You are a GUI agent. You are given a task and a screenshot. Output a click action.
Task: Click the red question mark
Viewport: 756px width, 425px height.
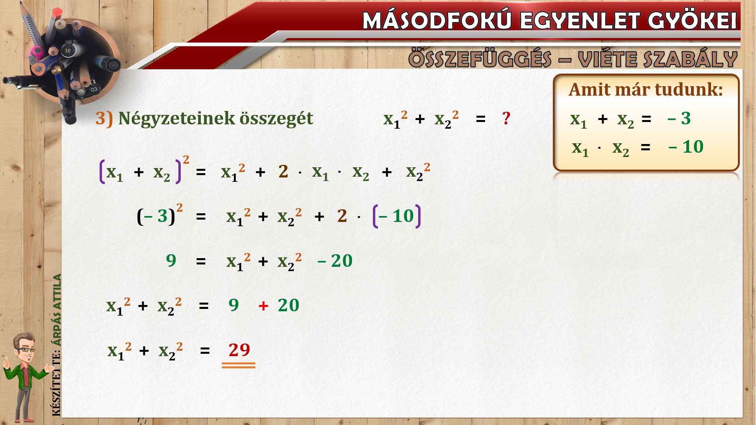(x=506, y=118)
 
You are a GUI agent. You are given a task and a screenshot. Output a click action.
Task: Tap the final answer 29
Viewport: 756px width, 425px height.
(x=239, y=350)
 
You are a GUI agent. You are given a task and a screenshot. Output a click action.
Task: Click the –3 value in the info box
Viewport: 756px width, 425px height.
(x=679, y=118)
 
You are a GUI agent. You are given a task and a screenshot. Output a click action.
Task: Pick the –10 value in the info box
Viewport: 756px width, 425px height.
(x=686, y=147)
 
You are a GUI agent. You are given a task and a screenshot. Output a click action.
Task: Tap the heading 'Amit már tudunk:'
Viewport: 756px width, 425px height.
(x=646, y=90)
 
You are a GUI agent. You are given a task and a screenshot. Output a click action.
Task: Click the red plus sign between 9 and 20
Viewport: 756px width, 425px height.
(x=263, y=306)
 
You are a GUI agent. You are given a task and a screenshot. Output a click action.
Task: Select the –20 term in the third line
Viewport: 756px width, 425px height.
(x=335, y=261)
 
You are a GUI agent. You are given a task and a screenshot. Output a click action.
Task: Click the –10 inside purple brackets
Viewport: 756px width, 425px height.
(x=396, y=216)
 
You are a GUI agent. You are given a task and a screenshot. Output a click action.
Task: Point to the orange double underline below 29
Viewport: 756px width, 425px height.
(x=239, y=365)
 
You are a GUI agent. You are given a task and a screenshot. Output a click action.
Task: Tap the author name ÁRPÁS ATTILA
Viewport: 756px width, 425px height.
(x=57, y=310)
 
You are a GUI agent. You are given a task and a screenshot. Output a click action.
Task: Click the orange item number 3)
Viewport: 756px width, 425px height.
(x=104, y=118)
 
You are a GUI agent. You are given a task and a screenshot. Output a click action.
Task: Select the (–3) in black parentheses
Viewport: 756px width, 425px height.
(x=156, y=216)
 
